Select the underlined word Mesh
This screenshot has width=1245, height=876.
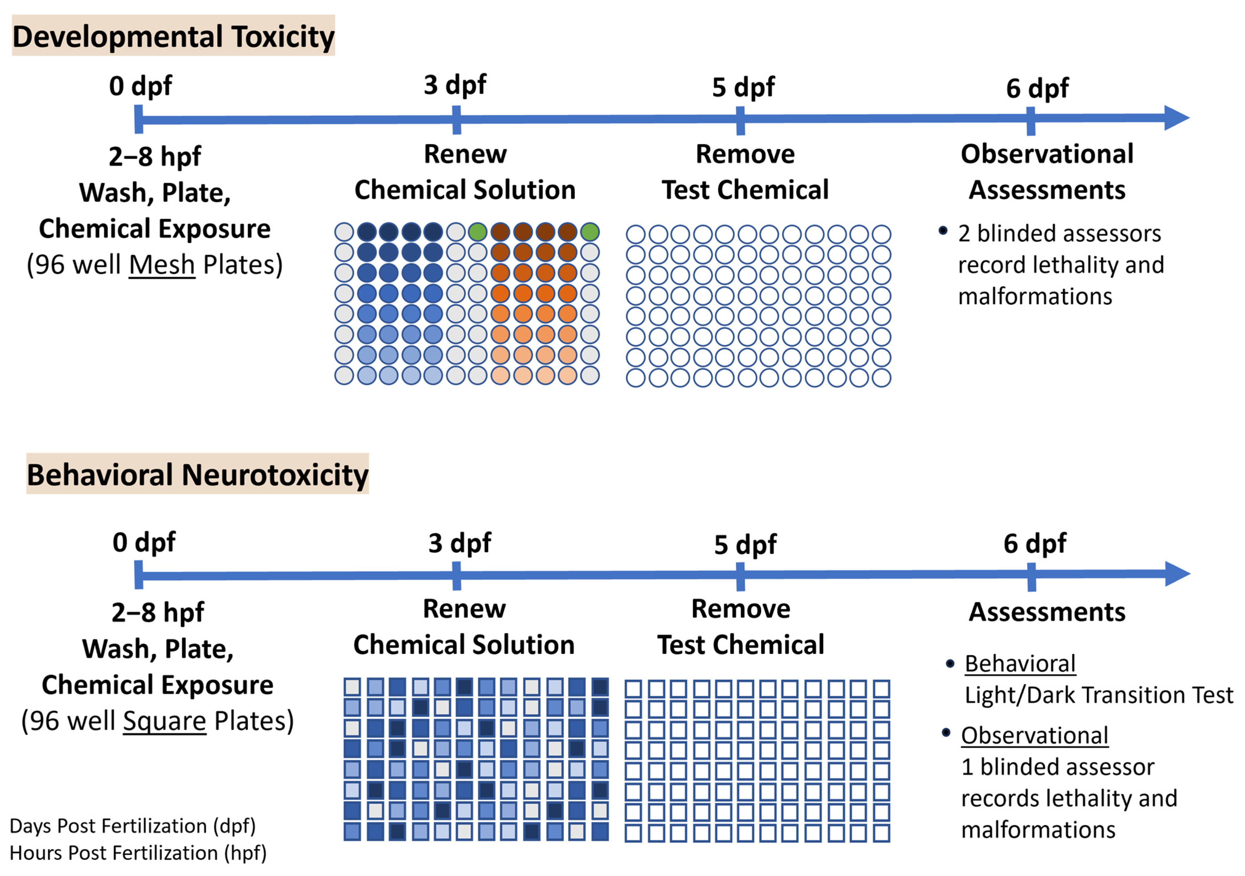click(x=162, y=265)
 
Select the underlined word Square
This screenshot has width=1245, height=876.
click(x=164, y=721)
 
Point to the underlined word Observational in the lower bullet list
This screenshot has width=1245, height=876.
click(x=1034, y=736)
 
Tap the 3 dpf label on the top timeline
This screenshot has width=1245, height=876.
click(x=455, y=84)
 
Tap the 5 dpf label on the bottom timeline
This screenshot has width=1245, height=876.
click(x=745, y=544)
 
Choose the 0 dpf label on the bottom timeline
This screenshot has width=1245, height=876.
click(x=144, y=542)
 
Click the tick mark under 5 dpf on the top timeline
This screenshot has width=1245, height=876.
click(x=740, y=120)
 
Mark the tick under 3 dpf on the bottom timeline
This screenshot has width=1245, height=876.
click(x=457, y=575)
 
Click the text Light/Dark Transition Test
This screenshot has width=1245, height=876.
click(x=1098, y=695)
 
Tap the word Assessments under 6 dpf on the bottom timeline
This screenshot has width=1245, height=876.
click(x=1047, y=612)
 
